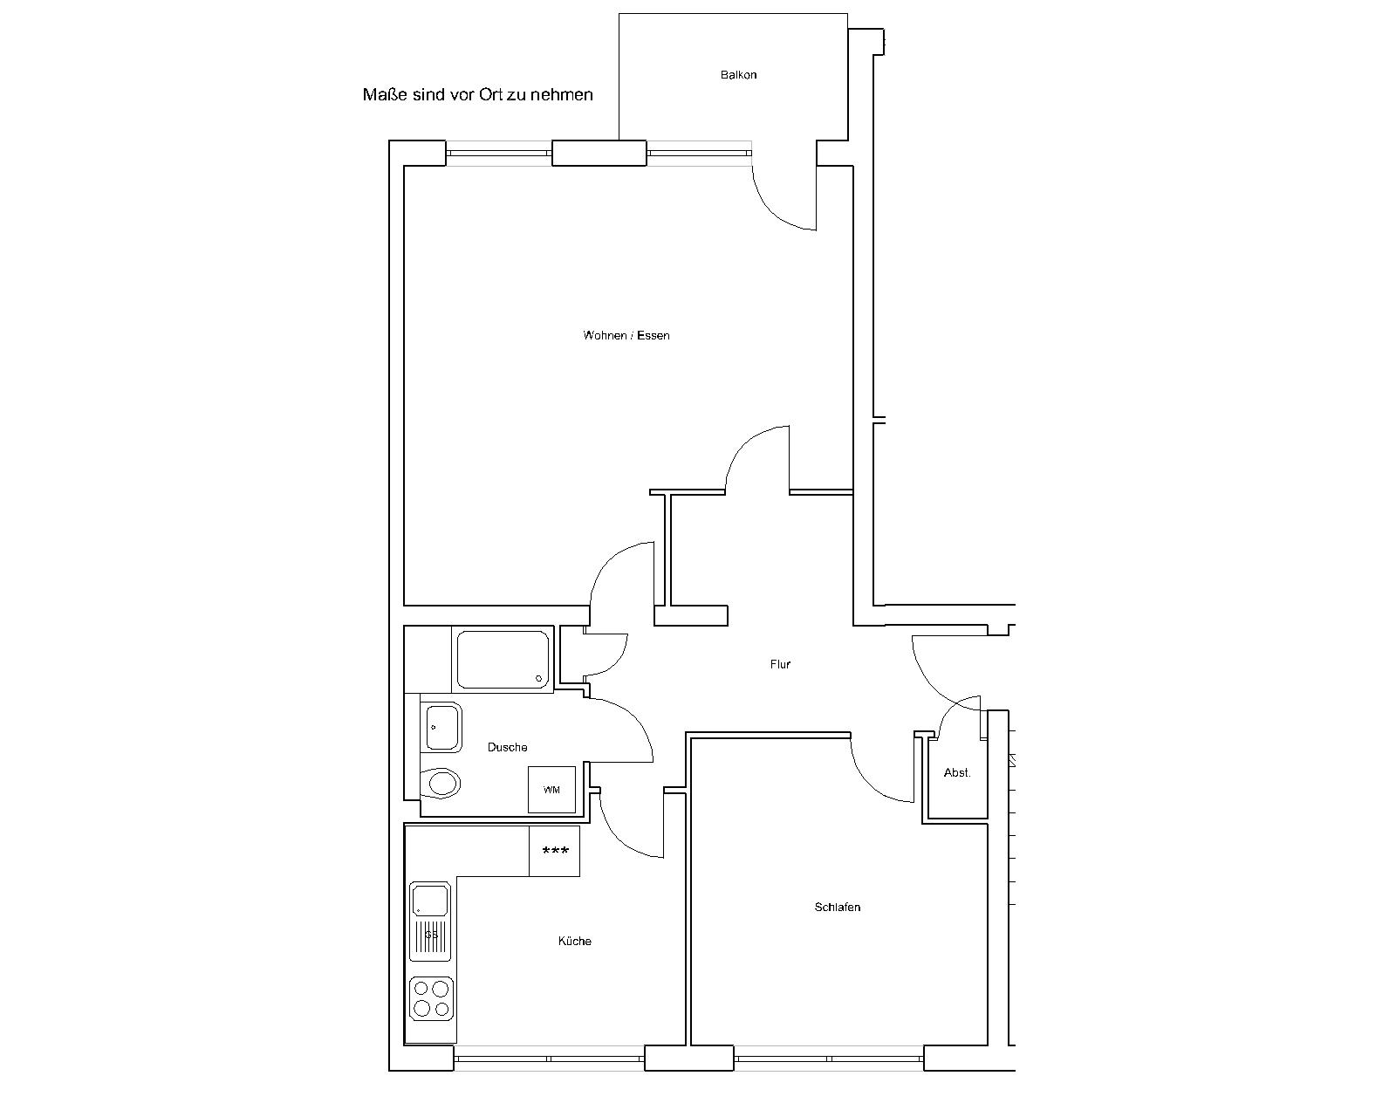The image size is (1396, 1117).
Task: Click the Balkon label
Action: click(x=738, y=75)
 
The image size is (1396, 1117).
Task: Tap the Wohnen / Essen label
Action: click(x=626, y=336)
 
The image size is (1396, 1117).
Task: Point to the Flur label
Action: click(x=780, y=664)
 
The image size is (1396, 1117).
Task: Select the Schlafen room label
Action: click(x=838, y=907)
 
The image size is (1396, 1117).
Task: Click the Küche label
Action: click(x=575, y=941)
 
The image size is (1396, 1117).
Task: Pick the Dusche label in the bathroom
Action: click(x=507, y=747)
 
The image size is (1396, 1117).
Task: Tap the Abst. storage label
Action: click(x=957, y=772)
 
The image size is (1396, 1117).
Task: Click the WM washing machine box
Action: click(x=551, y=789)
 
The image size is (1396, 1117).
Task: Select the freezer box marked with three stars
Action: click(x=555, y=851)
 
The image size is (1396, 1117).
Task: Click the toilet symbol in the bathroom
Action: click(x=441, y=784)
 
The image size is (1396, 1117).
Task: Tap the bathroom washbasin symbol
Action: click(x=441, y=727)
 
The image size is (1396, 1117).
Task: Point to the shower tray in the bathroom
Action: click(x=503, y=660)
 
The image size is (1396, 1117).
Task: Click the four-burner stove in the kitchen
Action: click(x=431, y=999)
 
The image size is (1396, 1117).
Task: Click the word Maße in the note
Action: click(x=385, y=95)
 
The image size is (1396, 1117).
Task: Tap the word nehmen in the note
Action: click(x=562, y=95)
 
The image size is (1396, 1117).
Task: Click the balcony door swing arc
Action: click(x=772, y=208)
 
